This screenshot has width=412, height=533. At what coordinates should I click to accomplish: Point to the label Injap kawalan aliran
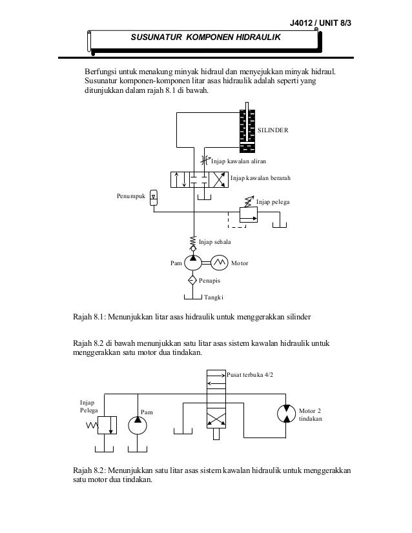pos(239,161)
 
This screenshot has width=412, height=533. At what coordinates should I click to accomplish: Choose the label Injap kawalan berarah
pos(260,177)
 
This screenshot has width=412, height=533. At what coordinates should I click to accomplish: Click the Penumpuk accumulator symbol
pos(153,198)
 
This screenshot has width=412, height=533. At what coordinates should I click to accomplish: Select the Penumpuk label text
pos(130,194)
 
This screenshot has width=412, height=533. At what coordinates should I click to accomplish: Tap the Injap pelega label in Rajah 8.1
pos(273,203)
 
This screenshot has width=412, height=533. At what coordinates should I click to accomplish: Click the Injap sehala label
pos(214,241)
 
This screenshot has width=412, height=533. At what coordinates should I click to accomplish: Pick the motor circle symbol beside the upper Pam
pos(218,263)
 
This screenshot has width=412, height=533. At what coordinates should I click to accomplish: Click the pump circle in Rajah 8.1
pos(192,263)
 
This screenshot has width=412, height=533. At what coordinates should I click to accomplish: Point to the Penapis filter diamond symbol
pos(192,281)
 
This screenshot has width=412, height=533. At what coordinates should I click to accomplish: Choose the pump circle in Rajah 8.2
pos(136,425)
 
